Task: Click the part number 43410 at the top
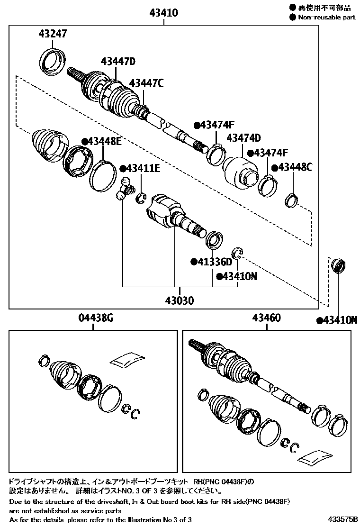coord(164,13)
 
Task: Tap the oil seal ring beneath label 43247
coord(52,61)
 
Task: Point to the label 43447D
coord(118,61)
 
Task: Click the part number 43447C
coord(146,83)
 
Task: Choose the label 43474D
coord(243,138)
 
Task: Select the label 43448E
coord(101,141)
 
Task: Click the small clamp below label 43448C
coord(292,200)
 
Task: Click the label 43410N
coord(236,276)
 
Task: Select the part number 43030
coord(179,300)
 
